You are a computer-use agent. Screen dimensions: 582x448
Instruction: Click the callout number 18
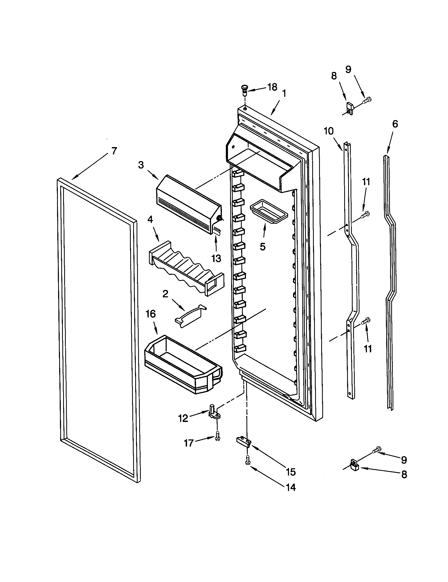tap(272, 87)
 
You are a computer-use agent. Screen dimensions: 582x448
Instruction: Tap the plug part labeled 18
tap(244, 90)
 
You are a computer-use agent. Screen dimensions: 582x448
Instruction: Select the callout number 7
tap(114, 151)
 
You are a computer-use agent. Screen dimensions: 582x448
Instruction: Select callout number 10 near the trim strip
tap(329, 131)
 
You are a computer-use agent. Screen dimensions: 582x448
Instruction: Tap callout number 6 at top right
tap(395, 124)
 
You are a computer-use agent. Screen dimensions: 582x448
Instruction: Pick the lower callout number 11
tap(367, 349)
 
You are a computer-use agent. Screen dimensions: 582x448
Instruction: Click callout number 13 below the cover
tap(216, 258)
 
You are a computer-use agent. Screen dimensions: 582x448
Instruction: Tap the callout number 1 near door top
tap(284, 94)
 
